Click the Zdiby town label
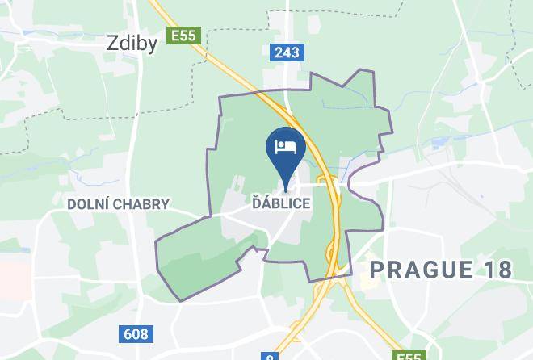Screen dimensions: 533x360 pyautogui.click(x=132, y=44)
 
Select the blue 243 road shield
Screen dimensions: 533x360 pyautogui.click(x=286, y=52)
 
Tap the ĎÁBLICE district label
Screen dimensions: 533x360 pyautogui.click(x=279, y=203)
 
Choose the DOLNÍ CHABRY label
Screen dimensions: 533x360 pyautogui.click(x=119, y=204)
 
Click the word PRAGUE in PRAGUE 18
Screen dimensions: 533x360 pyautogui.click(x=419, y=270)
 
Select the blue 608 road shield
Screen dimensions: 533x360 pyautogui.click(x=136, y=333)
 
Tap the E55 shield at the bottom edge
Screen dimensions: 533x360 pyautogui.click(x=409, y=356)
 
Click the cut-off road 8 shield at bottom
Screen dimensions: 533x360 pyautogui.click(x=270, y=357)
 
